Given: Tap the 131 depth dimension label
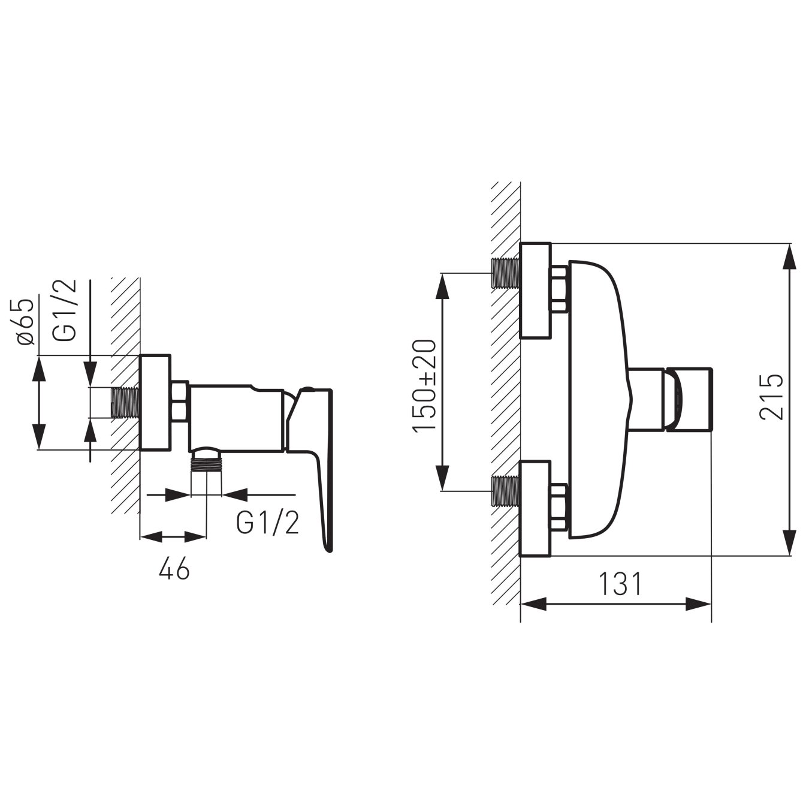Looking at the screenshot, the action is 620,584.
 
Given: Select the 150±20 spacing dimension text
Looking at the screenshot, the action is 424,387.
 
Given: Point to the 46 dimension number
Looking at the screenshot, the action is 174,569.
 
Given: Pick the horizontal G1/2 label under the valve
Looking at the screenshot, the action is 268,523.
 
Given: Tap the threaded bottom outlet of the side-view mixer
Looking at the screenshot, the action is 206,466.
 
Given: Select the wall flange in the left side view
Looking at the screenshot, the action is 155,403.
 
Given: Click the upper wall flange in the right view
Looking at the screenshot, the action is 535,291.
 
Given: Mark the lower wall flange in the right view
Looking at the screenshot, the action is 535,509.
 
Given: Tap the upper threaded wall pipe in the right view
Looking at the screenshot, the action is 505,273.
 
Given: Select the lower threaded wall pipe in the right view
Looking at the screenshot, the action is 505,491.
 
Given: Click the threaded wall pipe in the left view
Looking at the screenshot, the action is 125,403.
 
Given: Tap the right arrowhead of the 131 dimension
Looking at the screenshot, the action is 699,603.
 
